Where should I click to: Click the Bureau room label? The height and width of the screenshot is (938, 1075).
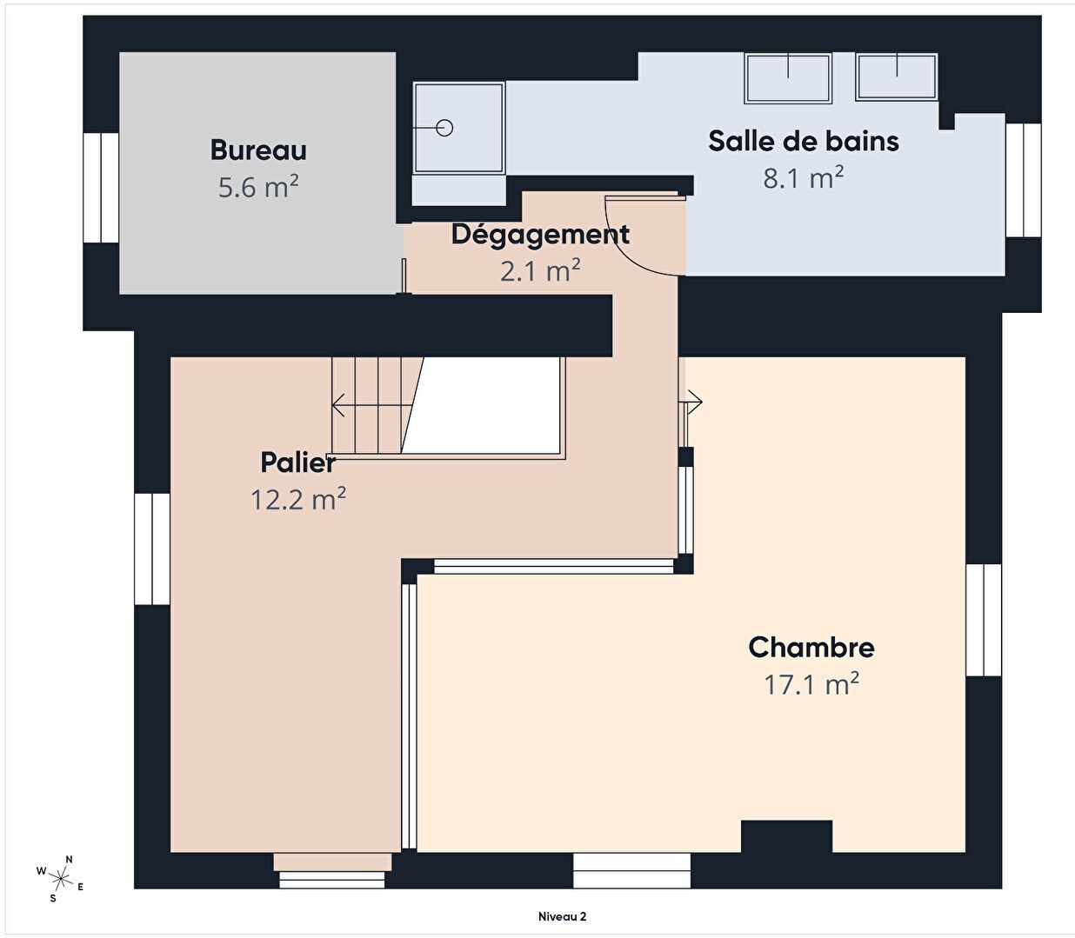tap(258, 150)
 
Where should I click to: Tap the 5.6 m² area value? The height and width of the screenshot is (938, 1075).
tap(258, 187)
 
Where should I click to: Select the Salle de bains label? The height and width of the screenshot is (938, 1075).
tap(804, 141)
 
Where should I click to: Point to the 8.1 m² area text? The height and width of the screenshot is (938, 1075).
tap(804, 177)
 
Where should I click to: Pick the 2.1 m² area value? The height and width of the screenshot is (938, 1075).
tap(540, 271)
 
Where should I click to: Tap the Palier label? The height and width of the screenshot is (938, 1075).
tap(298, 462)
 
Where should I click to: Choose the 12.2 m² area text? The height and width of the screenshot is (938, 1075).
tap(298, 499)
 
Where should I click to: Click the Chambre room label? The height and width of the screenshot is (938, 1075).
tap(811, 648)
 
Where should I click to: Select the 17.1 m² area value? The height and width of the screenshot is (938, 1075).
tap(811, 684)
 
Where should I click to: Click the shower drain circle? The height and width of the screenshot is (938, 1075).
tap(444, 128)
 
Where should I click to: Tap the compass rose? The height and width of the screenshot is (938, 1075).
tap(62, 878)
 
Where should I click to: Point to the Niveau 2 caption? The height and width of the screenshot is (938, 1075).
tap(562, 916)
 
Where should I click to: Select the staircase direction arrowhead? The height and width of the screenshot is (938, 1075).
tap(337, 405)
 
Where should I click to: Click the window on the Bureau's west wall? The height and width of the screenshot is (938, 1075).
tap(101, 188)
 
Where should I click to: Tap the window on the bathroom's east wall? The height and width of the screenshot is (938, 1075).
tap(1024, 180)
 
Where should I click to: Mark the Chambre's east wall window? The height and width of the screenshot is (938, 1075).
tap(984, 620)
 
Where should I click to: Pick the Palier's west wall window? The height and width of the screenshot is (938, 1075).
tap(152, 549)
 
